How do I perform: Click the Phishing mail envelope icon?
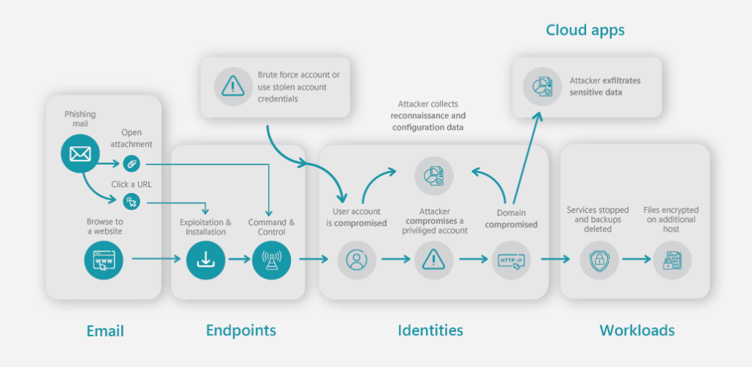tap(80, 154)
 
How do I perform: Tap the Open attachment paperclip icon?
tap(131, 164)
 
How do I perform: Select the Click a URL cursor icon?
tap(131, 202)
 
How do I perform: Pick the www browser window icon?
tap(104, 260)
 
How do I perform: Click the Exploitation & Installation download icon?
tap(206, 260)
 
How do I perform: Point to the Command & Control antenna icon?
tap(272, 260)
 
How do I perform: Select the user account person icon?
tap(356, 260)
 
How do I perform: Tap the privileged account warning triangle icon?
tap(434, 260)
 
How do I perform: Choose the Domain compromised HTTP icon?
tap(511, 260)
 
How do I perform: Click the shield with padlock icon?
tap(599, 260)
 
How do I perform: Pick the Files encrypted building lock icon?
tap(672, 260)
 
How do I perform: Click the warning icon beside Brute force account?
tap(233, 86)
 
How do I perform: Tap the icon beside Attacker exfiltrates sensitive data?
tap(543, 86)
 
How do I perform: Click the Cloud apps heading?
tap(585, 31)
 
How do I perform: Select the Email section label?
tap(105, 330)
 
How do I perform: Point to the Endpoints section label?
tap(241, 330)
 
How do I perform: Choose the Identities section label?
tap(430, 330)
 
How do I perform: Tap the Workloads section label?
tap(637, 330)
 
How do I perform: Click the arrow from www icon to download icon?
tap(156, 259)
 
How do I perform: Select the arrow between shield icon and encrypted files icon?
tap(637, 259)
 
